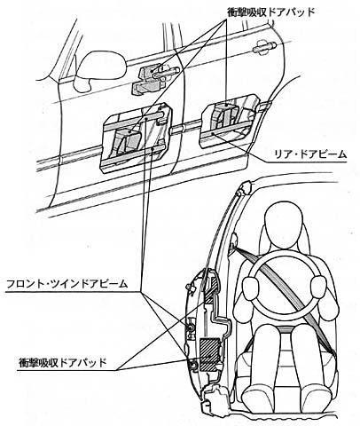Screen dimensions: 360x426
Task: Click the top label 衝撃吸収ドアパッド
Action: click(270, 12)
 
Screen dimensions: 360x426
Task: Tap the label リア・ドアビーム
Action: click(310, 154)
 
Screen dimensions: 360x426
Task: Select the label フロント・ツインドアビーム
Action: click(67, 284)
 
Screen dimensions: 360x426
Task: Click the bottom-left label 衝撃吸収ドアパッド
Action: click(62, 361)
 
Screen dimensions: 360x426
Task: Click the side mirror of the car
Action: click(100, 70)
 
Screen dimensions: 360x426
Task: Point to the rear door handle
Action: click(264, 45)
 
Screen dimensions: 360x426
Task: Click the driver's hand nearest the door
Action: click(251, 288)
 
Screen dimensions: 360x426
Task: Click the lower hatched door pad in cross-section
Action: click(209, 354)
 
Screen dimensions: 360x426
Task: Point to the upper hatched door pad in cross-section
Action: click(212, 290)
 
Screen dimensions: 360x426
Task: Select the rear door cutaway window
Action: click(230, 121)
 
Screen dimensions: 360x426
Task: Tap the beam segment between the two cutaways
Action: click(186, 126)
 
